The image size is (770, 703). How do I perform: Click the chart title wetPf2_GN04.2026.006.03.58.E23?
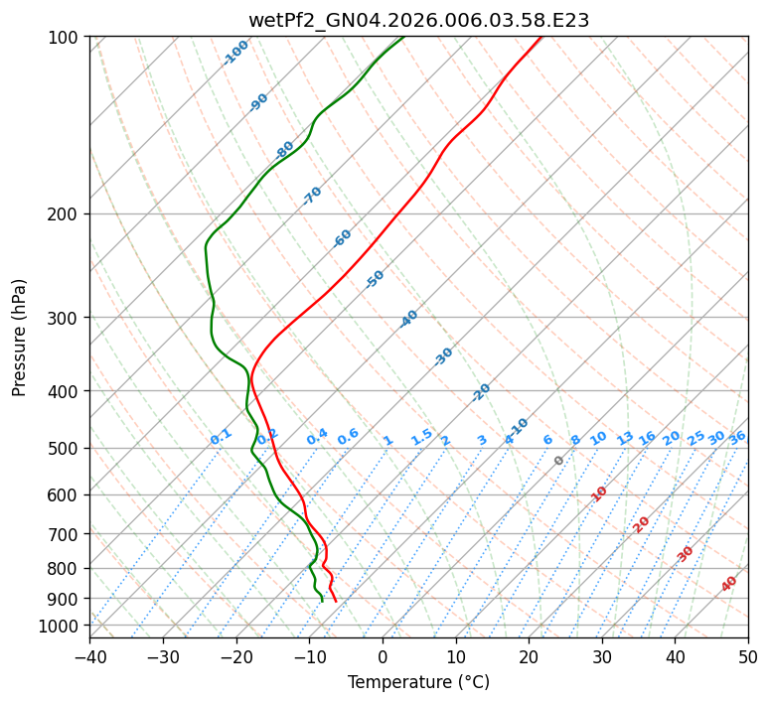[x=418, y=20]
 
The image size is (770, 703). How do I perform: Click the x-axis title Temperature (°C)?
[x=418, y=682]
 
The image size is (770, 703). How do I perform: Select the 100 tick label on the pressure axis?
[x=65, y=38]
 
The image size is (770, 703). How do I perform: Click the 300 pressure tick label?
[x=65, y=318]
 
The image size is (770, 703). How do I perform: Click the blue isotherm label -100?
[x=236, y=53]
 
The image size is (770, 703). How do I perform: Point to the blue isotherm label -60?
[x=343, y=238]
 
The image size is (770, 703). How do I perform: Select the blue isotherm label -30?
[x=444, y=355]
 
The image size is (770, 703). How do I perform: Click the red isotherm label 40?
[x=729, y=584]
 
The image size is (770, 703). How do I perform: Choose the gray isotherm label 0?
[x=559, y=461]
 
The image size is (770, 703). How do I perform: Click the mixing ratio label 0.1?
[x=221, y=437]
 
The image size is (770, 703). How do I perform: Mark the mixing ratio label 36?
[x=737, y=437]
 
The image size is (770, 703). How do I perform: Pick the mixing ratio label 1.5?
[x=421, y=437]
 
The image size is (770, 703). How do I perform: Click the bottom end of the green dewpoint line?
[x=322, y=601]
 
